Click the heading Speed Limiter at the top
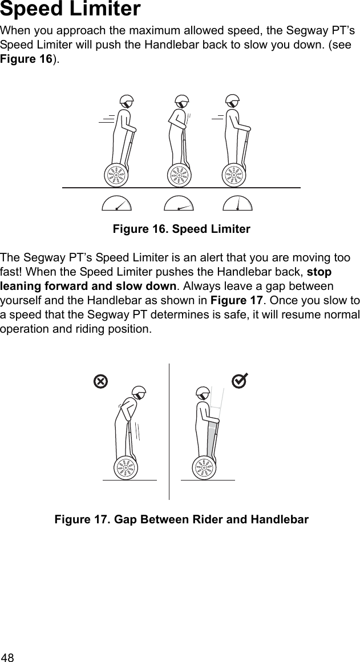point(70,10)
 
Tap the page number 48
point(9,656)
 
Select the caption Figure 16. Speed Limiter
point(181,229)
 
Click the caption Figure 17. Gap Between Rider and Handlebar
point(181,520)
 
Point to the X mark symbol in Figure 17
point(100,381)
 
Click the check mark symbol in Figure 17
point(240,380)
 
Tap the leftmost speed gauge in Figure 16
point(116,204)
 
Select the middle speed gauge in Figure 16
point(179,204)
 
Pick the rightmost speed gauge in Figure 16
point(237,204)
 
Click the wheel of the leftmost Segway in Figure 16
point(116,175)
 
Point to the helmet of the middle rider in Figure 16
point(182,102)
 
